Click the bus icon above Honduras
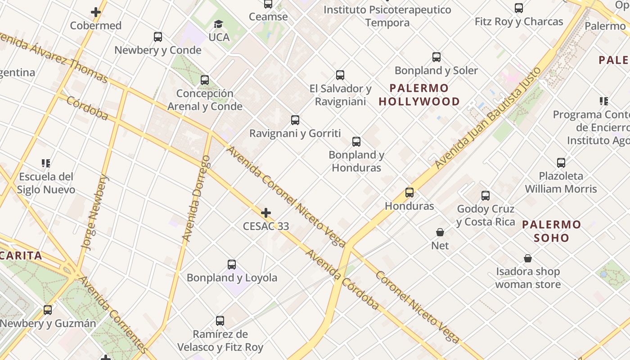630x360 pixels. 409,193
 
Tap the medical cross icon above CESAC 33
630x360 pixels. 266,212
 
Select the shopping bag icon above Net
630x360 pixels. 440,232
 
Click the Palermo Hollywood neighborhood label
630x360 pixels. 419,94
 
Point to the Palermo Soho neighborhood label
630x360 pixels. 552,231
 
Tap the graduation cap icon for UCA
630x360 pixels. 219,24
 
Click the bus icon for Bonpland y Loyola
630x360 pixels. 232,265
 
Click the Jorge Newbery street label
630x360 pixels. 94,212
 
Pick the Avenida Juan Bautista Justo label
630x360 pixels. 488,118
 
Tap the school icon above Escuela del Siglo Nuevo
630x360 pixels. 45,163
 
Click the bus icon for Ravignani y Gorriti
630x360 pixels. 295,120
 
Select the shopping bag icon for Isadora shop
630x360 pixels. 528,258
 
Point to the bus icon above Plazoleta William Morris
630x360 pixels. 561,162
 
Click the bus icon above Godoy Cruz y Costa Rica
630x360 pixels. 485,196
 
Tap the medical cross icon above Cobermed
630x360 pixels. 95,12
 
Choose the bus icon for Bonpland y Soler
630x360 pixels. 436,57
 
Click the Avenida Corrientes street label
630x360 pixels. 113,315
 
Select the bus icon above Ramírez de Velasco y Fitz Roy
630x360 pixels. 220,321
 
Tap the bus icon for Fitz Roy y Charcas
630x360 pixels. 519,8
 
